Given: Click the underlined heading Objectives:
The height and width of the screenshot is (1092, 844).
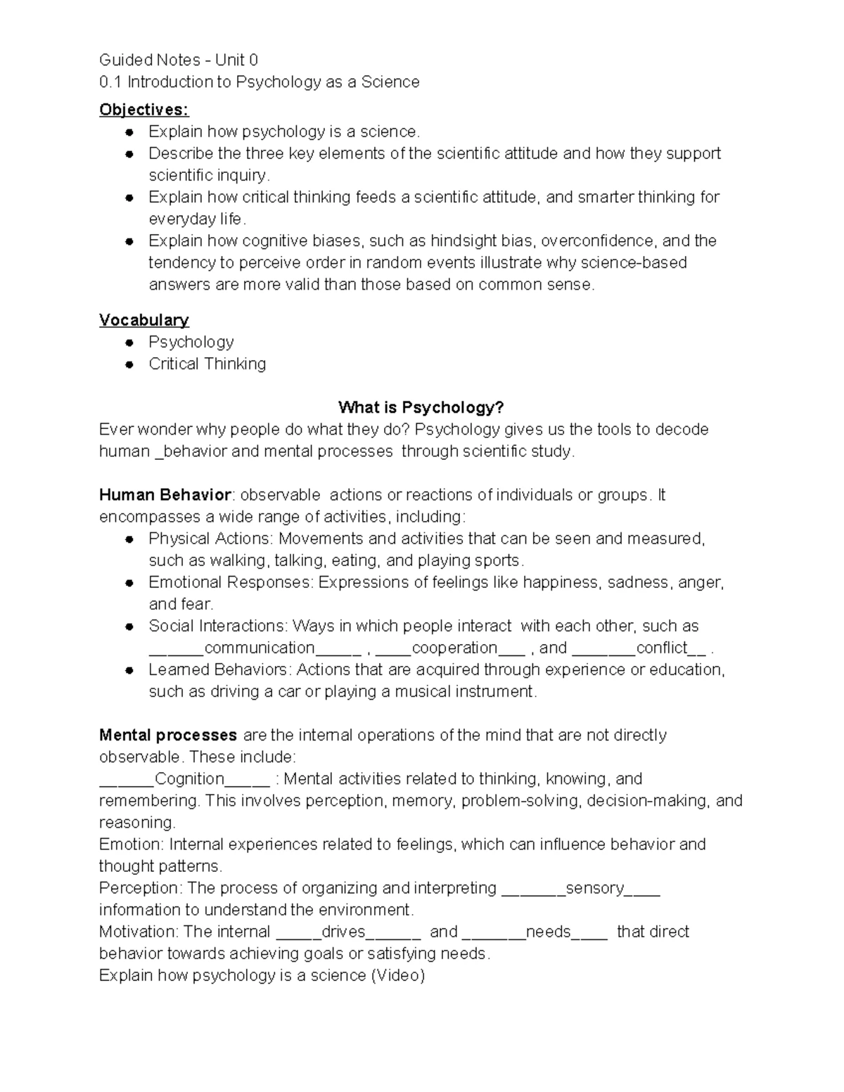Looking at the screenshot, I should (144, 110).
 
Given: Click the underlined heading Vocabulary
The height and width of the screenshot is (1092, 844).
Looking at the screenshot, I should (144, 320).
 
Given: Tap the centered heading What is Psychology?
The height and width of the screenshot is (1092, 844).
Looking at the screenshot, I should (421, 407).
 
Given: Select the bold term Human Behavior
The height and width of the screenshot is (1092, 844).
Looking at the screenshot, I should (165, 495).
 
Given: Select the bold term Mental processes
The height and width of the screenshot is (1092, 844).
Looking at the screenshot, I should (168, 735).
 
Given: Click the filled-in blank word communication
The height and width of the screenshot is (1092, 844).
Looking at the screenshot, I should (259, 648).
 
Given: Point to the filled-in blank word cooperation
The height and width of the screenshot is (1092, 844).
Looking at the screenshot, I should (454, 648).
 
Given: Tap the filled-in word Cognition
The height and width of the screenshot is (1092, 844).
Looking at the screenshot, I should (189, 778).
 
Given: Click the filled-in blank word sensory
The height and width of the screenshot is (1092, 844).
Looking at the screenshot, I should (594, 888).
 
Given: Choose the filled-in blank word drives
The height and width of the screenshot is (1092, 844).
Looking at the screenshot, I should (343, 932).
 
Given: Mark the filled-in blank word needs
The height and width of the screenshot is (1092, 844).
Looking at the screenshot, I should (548, 932).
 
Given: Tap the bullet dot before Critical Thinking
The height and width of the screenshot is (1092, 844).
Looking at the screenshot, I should (129, 364).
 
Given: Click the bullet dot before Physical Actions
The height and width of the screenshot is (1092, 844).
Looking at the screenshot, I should (129, 539).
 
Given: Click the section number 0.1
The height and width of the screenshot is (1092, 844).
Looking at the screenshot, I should (110, 82).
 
